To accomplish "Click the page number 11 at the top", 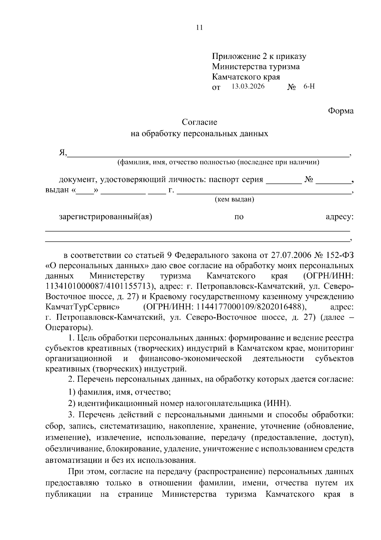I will [x=199, y=28].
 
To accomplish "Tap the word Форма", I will [x=341, y=111].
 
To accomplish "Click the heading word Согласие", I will [x=199, y=122].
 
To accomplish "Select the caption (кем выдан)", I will [x=235, y=200].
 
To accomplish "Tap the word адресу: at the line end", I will [x=339, y=217].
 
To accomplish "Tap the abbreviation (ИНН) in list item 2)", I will [x=277, y=404].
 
